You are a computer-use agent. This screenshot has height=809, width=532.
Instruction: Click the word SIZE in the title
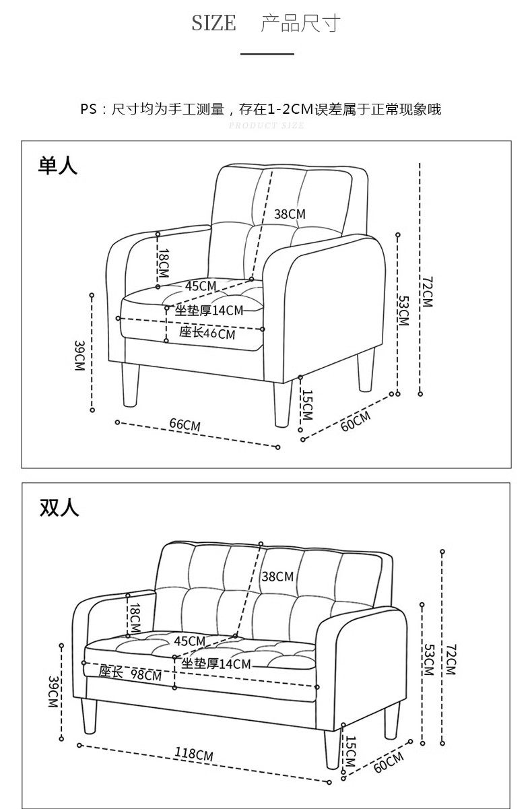(x=213, y=24)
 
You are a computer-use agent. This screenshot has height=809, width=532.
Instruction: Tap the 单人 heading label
(x=58, y=165)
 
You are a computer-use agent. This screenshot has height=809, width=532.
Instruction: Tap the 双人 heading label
(x=59, y=507)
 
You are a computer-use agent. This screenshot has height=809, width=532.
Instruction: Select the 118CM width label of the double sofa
(x=194, y=753)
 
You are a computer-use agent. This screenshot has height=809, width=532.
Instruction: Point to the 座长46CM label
(x=207, y=333)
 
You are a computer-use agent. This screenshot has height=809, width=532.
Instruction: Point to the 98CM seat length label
(x=146, y=675)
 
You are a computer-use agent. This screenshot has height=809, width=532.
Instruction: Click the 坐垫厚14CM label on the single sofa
(x=209, y=310)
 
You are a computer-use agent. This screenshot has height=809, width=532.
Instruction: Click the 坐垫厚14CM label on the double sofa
(x=216, y=664)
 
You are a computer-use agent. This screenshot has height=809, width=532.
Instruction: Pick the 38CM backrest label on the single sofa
(x=290, y=214)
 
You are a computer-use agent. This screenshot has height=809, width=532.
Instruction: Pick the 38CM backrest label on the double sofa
(x=277, y=577)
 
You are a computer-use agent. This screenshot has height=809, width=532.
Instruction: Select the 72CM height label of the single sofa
(x=427, y=292)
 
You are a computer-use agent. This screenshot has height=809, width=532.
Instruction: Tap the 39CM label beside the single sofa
(x=79, y=356)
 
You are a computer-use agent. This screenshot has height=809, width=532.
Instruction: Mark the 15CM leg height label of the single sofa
(x=307, y=404)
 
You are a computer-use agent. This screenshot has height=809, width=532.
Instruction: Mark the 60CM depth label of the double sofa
(x=389, y=762)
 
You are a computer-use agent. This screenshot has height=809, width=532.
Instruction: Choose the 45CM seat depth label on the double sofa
(x=189, y=641)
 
